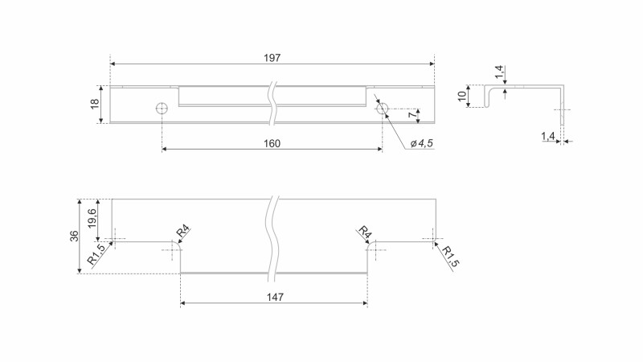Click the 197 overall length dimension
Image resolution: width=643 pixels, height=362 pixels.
coord(272,58)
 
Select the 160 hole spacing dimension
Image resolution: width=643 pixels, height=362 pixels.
coord(272,144)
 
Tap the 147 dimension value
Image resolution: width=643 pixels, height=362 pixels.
coord(275,297)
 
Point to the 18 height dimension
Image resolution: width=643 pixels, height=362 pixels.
coord(95,104)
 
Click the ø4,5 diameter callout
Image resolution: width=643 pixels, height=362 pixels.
coord(421,143)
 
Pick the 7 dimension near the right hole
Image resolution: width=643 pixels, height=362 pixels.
coord(412,115)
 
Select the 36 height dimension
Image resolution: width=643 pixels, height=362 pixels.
coord(74,236)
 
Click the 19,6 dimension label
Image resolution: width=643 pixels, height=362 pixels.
coord(92,219)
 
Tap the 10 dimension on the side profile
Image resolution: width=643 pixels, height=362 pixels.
coord(462,97)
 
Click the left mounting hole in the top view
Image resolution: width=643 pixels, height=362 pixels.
coord(162,109)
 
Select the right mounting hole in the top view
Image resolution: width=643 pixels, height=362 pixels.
coord(383,109)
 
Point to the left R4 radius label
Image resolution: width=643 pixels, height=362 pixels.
coord(183,232)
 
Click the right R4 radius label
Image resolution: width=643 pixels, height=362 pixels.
coord(365,232)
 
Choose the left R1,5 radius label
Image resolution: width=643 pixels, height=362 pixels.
coord(96,254)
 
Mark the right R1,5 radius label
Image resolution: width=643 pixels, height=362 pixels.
coord(449,257)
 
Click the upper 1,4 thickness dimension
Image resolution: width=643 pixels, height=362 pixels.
coord(499,72)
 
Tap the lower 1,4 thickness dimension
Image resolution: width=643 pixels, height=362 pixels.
coord(548,136)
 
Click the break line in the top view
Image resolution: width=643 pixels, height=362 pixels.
coord(272,104)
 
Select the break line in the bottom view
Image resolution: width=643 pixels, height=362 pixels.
coord(272,239)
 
